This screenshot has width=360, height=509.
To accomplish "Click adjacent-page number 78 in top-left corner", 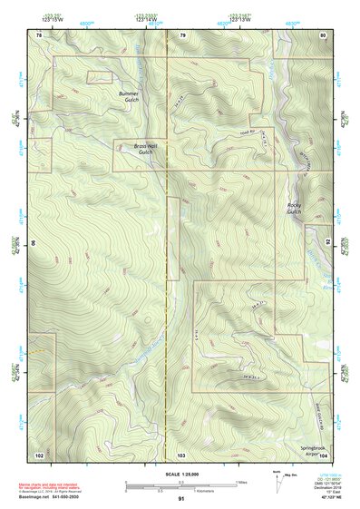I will point(39,34).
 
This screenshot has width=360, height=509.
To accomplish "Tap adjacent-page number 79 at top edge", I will point(182,34).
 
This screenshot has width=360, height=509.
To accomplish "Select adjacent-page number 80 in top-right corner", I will point(323,34).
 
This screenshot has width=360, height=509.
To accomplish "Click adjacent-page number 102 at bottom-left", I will point(39,454).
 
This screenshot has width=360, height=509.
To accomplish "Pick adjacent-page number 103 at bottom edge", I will point(181,454).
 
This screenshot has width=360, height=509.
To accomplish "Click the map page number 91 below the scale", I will point(181,499).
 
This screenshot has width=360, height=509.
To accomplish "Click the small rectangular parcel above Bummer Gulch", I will point(99,77).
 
